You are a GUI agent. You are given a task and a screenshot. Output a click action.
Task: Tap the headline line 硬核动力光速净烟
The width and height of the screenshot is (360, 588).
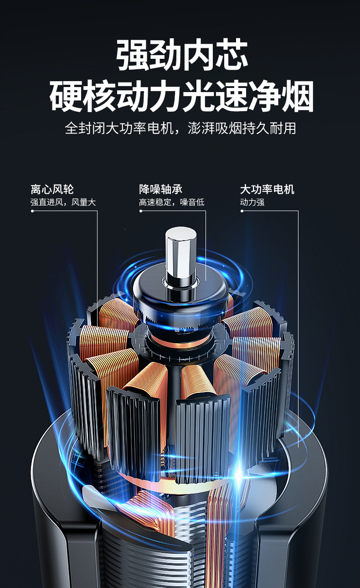click(181, 96)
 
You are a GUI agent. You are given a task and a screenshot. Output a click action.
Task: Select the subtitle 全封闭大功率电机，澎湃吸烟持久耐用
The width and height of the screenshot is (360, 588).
click(180, 128)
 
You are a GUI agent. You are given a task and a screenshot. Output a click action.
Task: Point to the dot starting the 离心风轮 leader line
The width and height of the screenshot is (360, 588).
click(32, 211)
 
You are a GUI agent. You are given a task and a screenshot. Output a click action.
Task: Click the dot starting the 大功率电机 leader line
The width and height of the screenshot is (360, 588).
click(242, 211)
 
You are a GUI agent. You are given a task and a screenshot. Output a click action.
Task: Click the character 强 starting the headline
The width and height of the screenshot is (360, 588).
click(133, 55)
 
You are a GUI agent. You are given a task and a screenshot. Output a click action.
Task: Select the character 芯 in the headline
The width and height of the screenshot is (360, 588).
click(231, 55)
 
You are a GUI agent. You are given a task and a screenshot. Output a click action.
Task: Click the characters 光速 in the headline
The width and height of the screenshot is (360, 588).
click(215, 96)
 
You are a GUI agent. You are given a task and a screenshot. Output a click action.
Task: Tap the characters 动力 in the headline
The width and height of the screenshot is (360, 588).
click(148, 96)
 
